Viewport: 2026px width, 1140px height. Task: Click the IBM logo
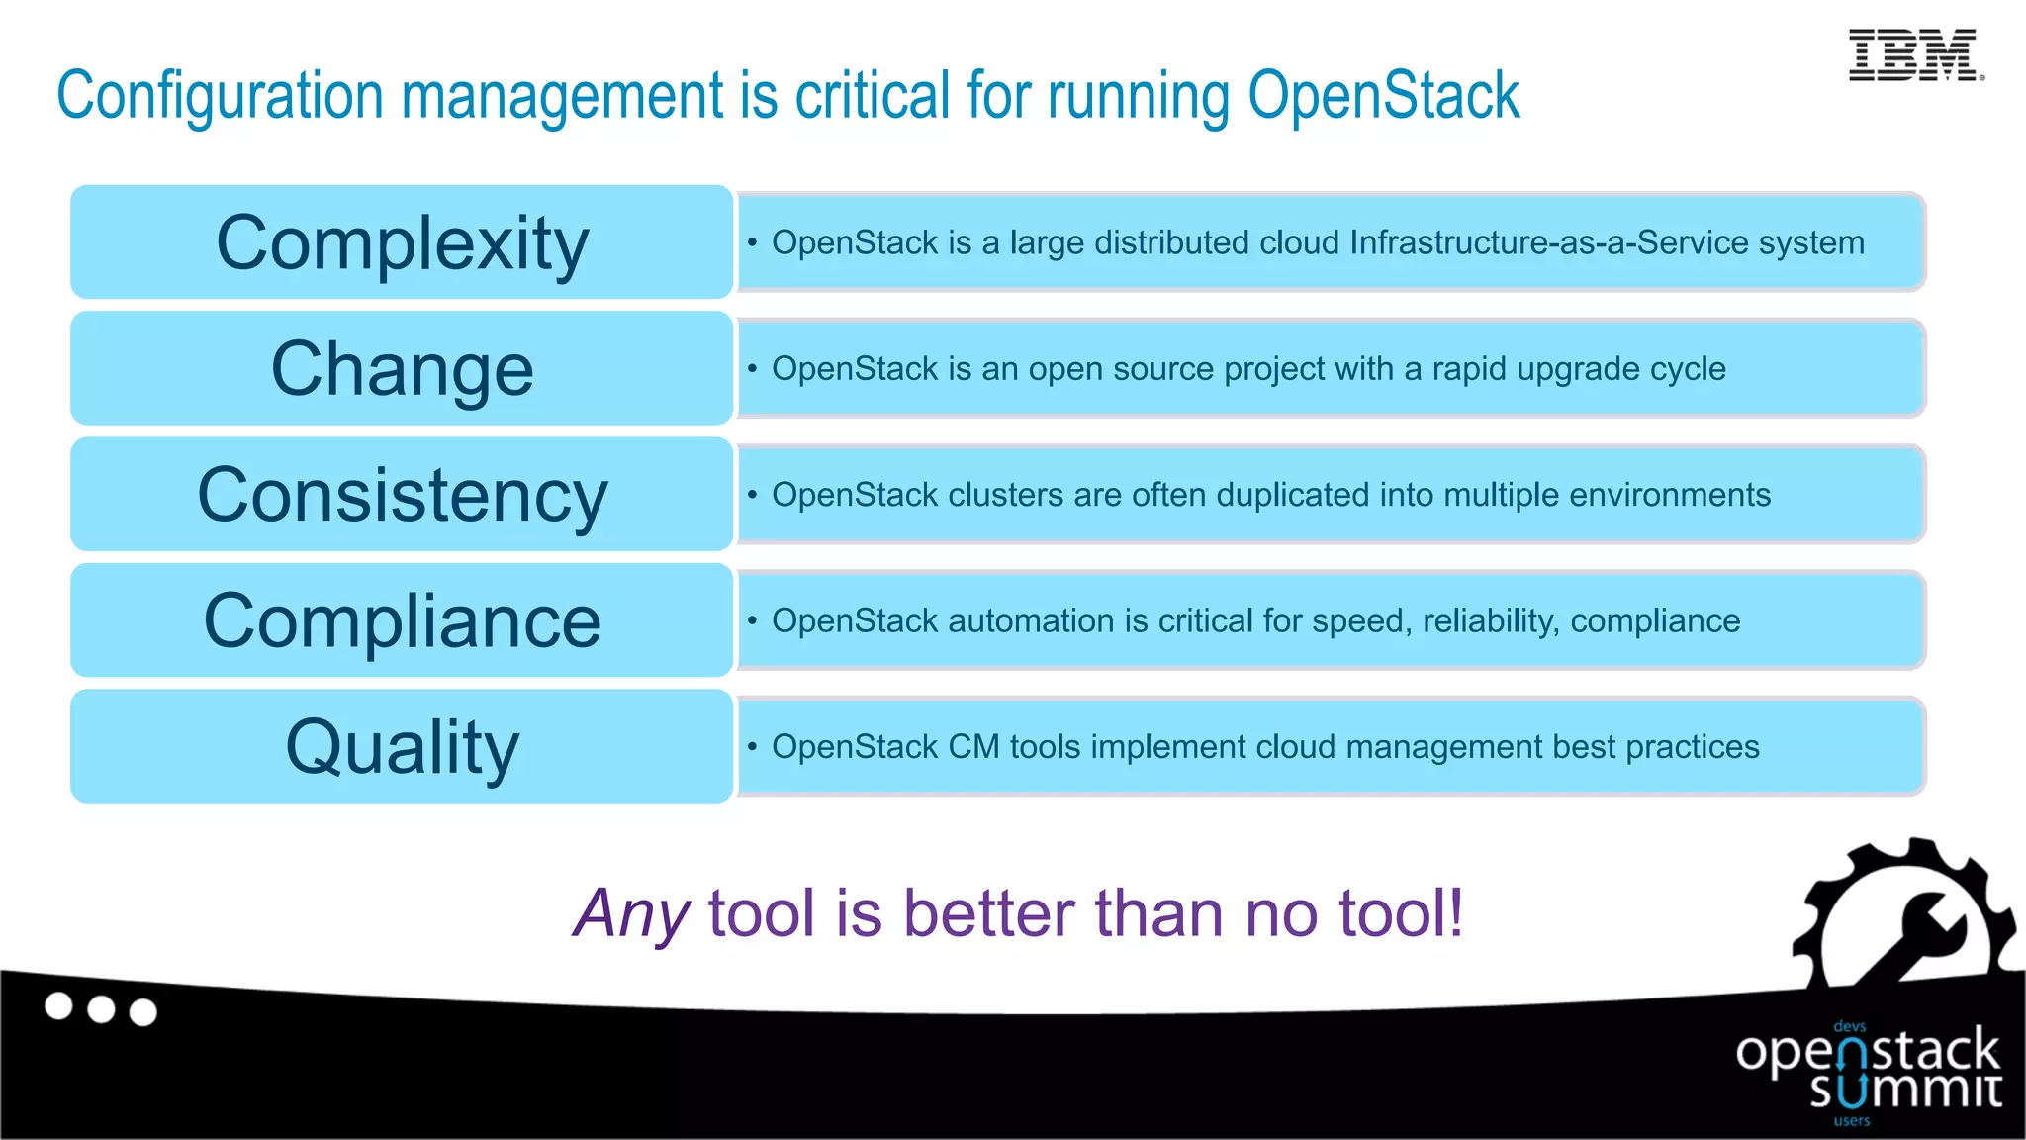click(1914, 55)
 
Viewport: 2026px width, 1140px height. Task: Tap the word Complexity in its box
click(403, 243)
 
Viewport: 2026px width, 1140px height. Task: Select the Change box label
click(403, 369)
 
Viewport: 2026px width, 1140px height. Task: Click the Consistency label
click(403, 495)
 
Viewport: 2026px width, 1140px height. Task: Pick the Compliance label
click(403, 621)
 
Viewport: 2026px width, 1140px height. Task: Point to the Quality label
click(403, 747)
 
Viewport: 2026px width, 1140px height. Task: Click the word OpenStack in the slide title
click(1383, 96)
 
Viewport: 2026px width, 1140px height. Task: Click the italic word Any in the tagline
click(631, 913)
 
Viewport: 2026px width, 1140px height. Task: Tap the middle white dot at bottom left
click(101, 1009)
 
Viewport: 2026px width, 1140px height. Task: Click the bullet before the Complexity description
click(753, 241)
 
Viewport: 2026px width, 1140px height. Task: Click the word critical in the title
click(873, 96)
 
